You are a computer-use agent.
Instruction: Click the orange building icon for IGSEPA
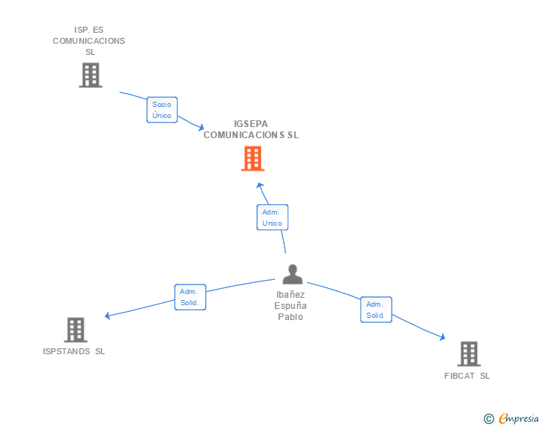point(253,158)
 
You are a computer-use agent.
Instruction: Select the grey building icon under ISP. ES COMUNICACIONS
point(91,75)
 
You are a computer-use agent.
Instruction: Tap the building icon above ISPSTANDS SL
point(76,330)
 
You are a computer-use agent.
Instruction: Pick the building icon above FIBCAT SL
point(469,354)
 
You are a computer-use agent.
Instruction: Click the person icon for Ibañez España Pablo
point(293,274)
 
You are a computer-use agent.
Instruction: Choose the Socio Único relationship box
point(162,110)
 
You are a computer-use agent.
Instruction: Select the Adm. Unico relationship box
point(272,218)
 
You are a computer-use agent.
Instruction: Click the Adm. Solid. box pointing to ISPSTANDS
point(190,297)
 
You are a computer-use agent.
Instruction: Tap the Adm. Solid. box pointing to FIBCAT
point(376,310)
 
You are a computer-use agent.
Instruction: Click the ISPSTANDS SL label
point(74,351)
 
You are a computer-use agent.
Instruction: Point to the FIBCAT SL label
point(467,376)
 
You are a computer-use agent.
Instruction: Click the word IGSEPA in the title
point(251,124)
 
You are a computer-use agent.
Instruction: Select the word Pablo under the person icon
point(291,316)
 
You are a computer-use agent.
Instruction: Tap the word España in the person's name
point(291,306)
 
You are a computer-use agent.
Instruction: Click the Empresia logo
point(519,418)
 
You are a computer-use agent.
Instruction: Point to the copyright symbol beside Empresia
point(489,419)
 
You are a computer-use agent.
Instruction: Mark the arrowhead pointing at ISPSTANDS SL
point(107,316)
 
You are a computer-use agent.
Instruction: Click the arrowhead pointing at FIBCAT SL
point(442,337)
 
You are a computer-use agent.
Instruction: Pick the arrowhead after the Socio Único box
point(201,127)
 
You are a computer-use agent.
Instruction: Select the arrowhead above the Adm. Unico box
point(260,186)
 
